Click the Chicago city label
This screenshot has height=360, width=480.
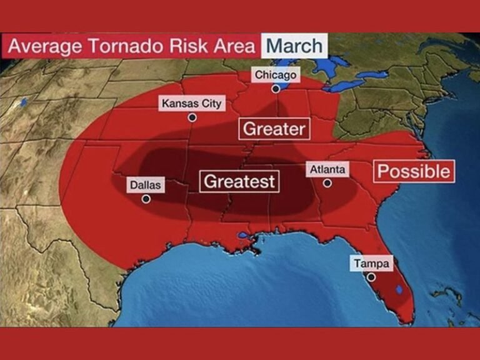275,75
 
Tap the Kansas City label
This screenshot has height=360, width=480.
191,103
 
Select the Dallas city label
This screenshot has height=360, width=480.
146,185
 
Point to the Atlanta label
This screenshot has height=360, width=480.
327,169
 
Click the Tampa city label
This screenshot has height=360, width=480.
371,264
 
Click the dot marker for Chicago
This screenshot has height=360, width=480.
275,89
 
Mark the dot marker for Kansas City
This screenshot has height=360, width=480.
192,117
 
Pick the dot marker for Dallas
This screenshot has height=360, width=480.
146,199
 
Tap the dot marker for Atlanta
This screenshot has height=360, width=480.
327,183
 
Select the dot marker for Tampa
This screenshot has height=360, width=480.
371,277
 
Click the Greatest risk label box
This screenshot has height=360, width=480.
240,181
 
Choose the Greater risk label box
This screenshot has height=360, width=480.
274,129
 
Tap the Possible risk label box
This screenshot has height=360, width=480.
414,171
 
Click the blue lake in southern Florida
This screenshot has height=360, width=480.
398,289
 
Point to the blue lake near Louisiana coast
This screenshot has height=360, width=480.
243,236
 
